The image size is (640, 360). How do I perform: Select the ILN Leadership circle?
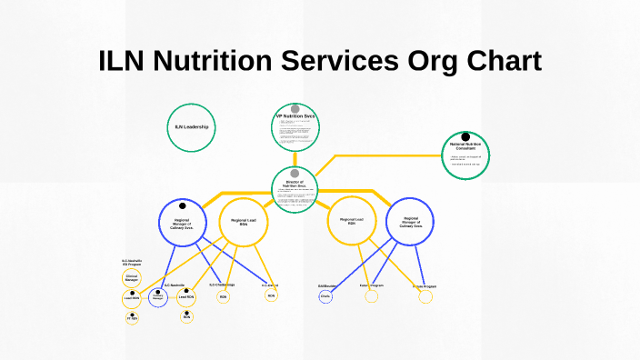coord(192,126)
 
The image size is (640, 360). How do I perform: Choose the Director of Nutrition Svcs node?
coord(295,190)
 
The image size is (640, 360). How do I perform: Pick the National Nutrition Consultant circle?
coord(465,155)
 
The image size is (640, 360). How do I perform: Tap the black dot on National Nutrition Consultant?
coord(465,137)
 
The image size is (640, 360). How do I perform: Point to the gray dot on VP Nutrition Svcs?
coord(295,109)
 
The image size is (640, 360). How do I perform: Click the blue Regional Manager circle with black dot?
coord(183,223)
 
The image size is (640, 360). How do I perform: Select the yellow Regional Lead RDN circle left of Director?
coord(244,223)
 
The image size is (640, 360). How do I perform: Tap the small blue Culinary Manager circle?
coord(157,297)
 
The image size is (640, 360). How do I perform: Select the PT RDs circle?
coord(132,318)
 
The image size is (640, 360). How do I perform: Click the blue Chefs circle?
coord(325,296)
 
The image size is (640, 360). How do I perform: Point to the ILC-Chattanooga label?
coord(222,285)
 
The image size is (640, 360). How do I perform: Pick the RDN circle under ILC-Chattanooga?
coord(223,296)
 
